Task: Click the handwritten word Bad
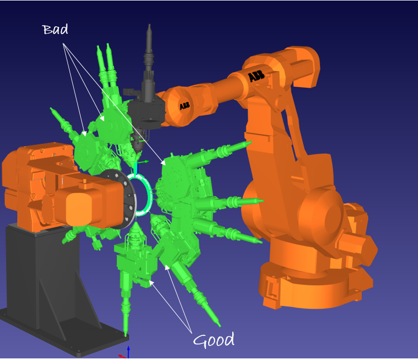point(55,29)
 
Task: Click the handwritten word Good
point(214,340)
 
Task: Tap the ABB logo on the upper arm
point(256,75)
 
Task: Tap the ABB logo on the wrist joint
point(185,106)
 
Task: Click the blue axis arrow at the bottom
point(128,352)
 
